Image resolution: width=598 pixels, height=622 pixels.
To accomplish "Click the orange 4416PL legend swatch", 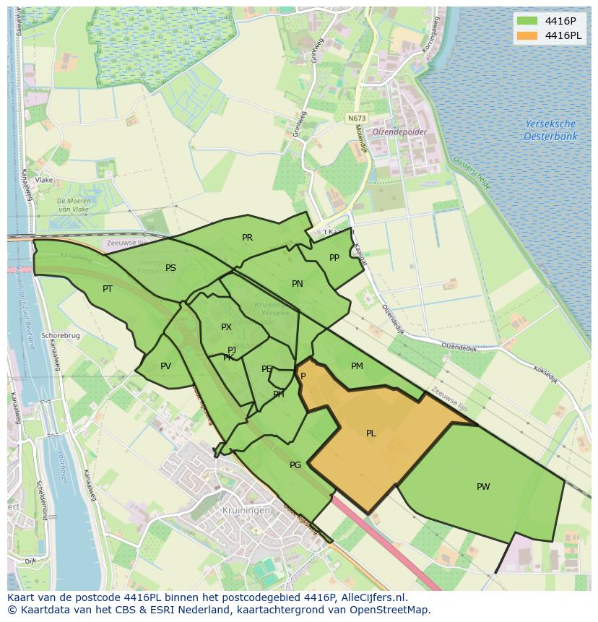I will pyautogui.click(x=529, y=35).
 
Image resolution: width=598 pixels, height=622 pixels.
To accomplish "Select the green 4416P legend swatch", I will pyautogui.click(x=529, y=20).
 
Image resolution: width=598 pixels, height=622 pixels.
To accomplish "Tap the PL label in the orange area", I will pyautogui.click(x=370, y=433).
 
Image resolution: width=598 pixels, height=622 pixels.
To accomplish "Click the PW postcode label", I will pyautogui.click(x=483, y=486).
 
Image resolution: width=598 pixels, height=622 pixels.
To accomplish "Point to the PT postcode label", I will pyautogui.click(x=108, y=288).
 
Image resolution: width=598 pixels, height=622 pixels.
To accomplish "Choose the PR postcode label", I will pyautogui.click(x=247, y=237).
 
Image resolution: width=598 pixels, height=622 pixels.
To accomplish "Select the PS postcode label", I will pyautogui.click(x=170, y=267).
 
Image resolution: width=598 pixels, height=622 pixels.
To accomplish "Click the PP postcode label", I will pyautogui.click(x=334, y=257).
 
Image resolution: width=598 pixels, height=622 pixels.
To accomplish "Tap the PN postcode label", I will pyautogui.click(x=297, y=283).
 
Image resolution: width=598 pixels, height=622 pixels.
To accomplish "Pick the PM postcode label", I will pyautogui.click(x=357, y=366).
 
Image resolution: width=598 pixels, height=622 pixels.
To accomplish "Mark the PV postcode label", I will pyautogui.click(x=165, y=366).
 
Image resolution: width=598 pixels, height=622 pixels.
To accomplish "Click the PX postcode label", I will pyautogui.click(x=226, y=327).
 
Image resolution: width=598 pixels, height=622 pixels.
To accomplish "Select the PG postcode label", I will pyautogui.click(x=295, y=465).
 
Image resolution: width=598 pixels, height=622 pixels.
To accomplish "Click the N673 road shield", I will pyautogui.click(x=355, y=118).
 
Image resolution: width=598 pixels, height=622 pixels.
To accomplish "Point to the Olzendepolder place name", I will pyautogui.click(x=400, y=132).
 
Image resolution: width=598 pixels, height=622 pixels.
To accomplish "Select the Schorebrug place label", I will pyautogui.click(x=61, y=336).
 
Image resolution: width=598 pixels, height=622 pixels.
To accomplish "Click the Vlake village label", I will pyautogui.click(x=44, y=180).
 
